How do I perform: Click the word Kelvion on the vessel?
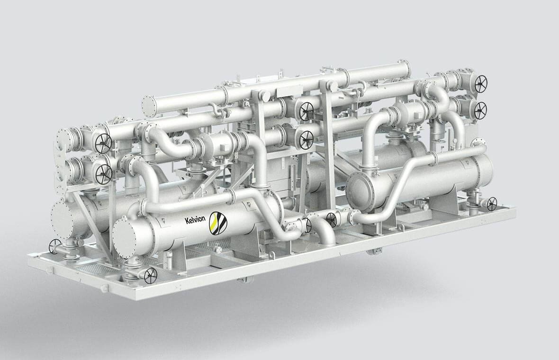click(195, 219)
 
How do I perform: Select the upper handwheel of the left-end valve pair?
click(103, 143)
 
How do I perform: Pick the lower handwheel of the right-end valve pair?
click(480, 110)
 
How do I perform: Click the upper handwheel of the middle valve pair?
click(306, 112)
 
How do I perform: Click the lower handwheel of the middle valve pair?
click(306, 140)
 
